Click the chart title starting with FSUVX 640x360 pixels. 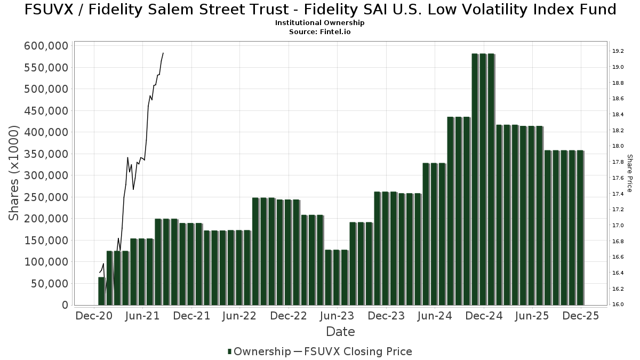pyautogui.click(x=320, y=10)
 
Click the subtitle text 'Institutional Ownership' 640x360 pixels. pyautogui.click(x=319, y=23)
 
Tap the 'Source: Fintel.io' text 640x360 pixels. pyautogui.click(x=319, y=32)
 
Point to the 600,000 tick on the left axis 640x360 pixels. pyautogui.click(x=46, y=46)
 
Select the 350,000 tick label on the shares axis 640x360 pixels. pyautogui.click(x=46, y=154)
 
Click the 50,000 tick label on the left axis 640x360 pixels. pyautogui.click(x=49, y=284)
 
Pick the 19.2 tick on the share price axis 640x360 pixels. pyautogui.click(x=618, y=51)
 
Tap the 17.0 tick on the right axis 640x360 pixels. pyautogui.click(x=618, y=226)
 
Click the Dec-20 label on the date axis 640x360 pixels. pyautogui.click(x=94, y=316)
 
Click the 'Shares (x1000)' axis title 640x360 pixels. pyautogui.click(x=14, y=173)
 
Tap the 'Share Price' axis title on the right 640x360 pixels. pyautogui.click(x=629, y=173)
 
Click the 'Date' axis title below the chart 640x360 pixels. pyautogui.click(x=340, y=332)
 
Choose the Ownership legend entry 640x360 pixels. pyautogui.click(x=259, y=351)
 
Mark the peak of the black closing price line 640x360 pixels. pyautogui.click(x=163, y=53)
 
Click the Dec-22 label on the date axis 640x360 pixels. pyautogui.click(x=288, y=316)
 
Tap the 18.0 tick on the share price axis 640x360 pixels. pyautogui.click(x=618, y=146)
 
